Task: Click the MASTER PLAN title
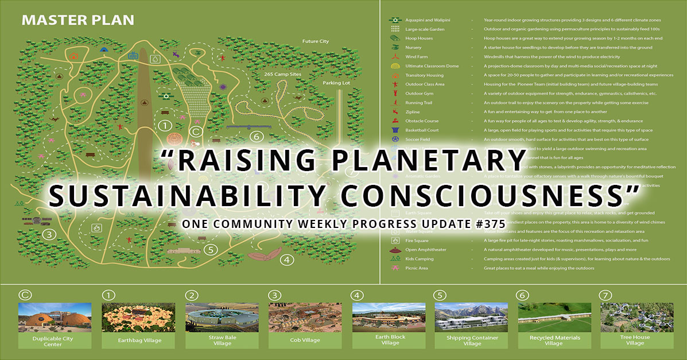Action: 77,21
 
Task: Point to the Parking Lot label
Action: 336,83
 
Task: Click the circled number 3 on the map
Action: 49,234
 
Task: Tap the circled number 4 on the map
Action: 286,259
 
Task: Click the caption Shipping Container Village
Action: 472,340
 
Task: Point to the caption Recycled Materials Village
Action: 554,340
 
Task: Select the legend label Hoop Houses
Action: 419,38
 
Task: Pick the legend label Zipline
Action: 413,112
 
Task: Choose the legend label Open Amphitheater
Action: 425,250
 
